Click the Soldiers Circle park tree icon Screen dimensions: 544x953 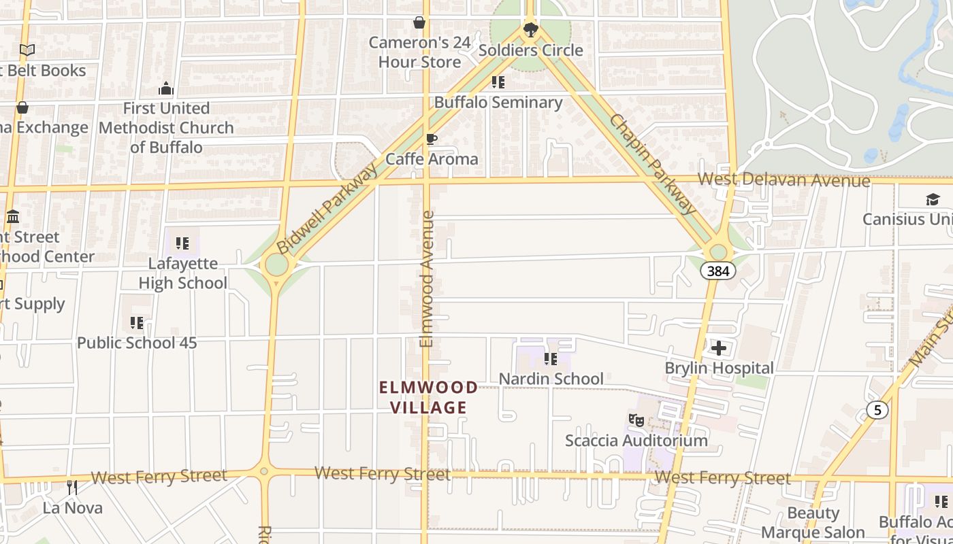(530, 30)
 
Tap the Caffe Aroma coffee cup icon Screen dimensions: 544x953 (431, 139)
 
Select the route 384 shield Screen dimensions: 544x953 (717, 271)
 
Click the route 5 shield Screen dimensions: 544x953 (877, 410)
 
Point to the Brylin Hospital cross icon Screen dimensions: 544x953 (719, 349)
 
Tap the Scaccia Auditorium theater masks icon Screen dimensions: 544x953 (636, 420)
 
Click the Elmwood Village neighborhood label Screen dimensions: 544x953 (428, 397)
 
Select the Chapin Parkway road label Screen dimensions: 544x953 (653, 164)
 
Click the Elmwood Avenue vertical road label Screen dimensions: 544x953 (427, 279)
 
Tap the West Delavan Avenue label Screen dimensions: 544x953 (784, 180)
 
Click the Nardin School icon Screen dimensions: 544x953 (551, 359)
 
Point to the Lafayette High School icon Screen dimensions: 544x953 (182, 243)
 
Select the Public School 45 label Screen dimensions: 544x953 (137, 343)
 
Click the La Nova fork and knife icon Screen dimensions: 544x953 (72, 487)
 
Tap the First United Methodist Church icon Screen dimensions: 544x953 (166, 89)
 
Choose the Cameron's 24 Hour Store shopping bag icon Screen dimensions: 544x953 (419, 23)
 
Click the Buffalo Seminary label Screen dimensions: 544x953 (498, 103)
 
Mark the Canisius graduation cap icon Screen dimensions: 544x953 (933, 199)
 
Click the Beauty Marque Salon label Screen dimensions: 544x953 (813, 522)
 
